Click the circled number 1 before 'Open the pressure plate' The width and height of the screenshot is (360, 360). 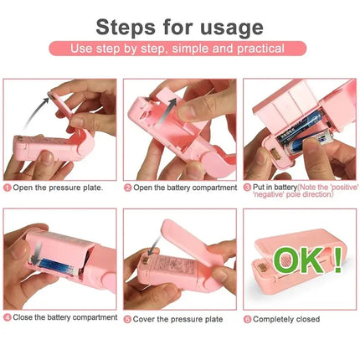(8, 188)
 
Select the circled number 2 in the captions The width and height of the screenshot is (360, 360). (128, 188)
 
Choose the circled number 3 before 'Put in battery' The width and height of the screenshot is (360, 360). (248, 188)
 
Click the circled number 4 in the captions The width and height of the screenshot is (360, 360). (8, 318)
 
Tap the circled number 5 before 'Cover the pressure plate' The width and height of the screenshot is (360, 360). (128, 319)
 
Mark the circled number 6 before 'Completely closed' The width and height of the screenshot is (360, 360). (248, 319)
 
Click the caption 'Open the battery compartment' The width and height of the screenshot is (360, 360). (183, 188)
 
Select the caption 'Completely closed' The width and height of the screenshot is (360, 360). (288, 319)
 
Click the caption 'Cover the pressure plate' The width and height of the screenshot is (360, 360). (175, 319)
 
